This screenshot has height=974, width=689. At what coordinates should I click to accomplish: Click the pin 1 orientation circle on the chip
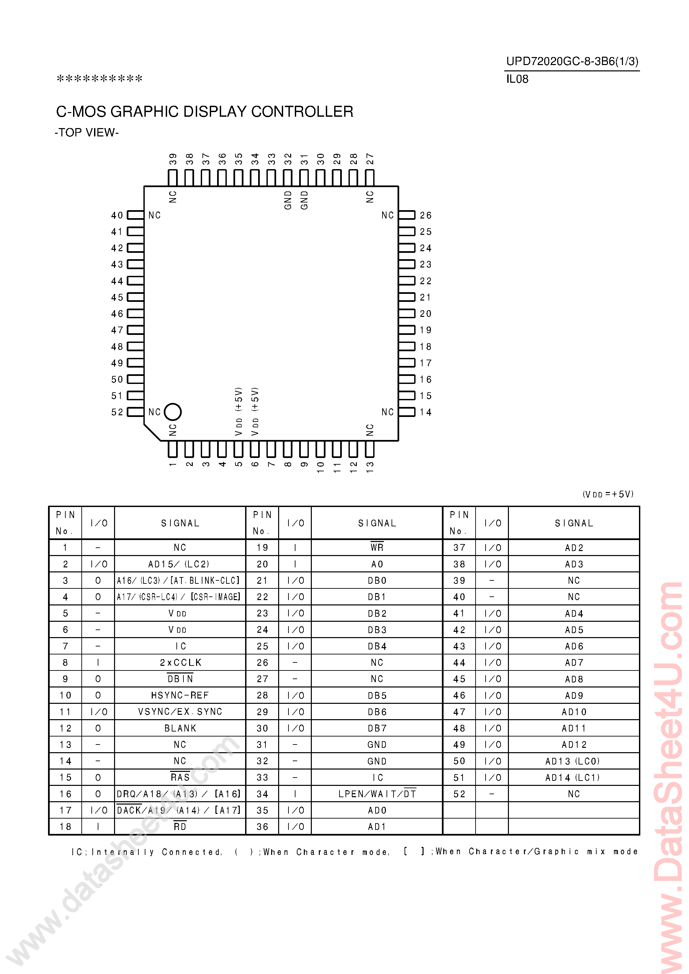[173, 412]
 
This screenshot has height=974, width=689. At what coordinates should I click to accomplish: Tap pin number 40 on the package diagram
[117, 215]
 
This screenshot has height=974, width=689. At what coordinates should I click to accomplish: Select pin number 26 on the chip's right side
[426, 215]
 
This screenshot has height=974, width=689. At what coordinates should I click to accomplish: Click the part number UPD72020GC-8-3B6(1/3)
[572, 61]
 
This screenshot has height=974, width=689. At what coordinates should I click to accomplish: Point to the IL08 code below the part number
[517, 79]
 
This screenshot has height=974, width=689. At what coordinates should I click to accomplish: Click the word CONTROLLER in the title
[302, 111]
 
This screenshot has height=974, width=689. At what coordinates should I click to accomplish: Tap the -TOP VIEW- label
[87, 133]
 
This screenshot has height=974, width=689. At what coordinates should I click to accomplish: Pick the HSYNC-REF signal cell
[180, 695]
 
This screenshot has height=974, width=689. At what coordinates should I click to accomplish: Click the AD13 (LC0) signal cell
[573, 761]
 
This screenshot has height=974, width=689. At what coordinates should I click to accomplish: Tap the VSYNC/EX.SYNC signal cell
[180, 711]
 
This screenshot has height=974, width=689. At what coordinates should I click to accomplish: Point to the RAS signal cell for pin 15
[180, 777]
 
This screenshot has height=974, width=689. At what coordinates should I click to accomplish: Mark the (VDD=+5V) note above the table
[608, 494]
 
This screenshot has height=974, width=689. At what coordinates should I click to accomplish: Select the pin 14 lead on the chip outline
[407, 412]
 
